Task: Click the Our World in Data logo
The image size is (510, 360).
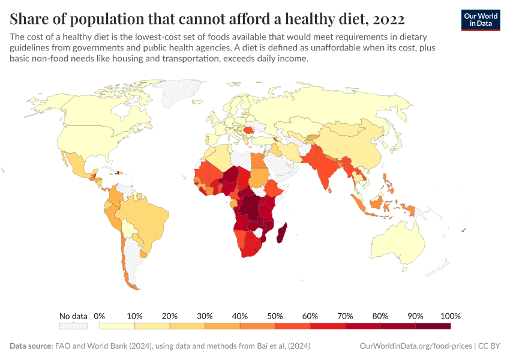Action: point(480,20)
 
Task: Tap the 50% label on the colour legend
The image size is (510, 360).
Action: point(275,316)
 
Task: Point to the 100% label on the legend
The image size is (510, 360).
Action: point(450,316)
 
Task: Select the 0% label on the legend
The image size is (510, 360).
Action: point(100,316)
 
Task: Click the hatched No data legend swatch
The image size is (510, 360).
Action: point(73,326)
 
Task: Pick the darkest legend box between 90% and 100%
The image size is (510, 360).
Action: point(433,326)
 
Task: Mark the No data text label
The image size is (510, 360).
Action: point(73,316)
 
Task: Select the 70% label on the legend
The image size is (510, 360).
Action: point(345,316)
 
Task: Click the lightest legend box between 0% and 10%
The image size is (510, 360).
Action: point(117,326)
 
